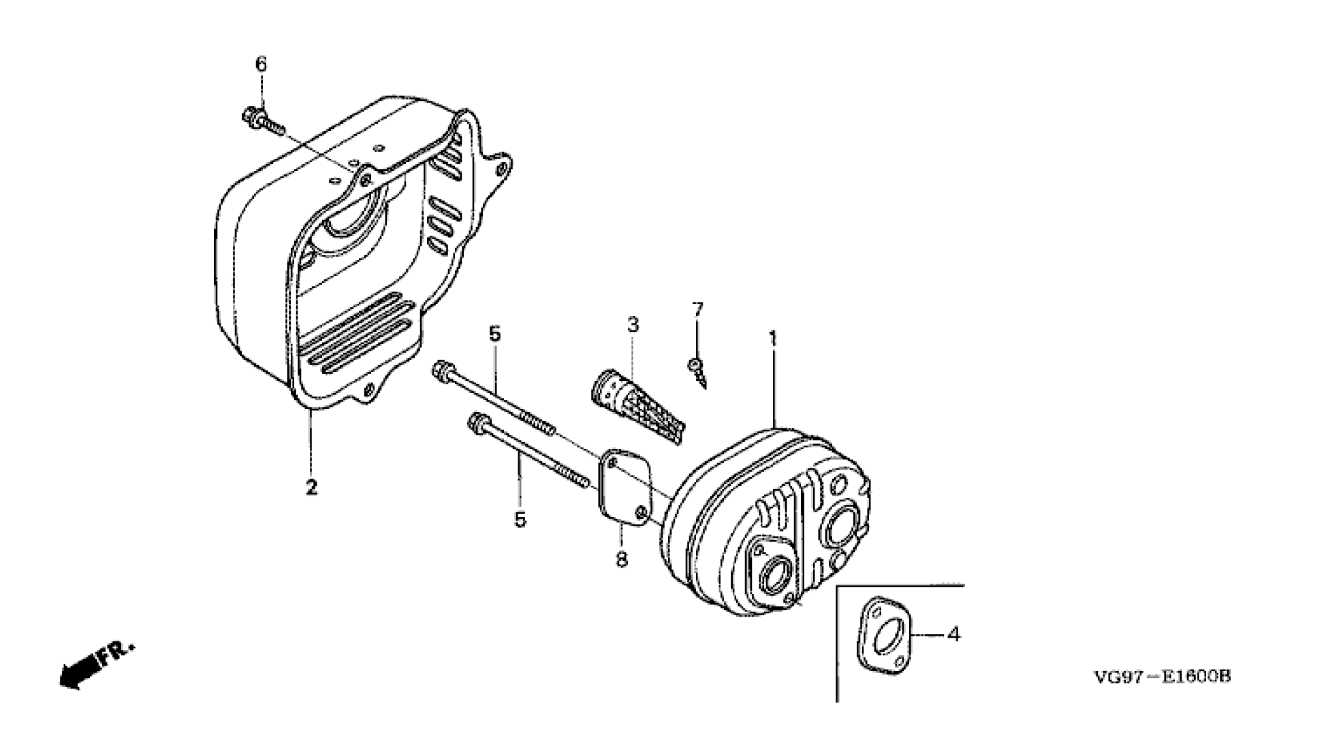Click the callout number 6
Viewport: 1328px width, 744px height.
261,64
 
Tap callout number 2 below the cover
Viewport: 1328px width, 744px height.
311,487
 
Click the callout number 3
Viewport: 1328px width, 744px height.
633,324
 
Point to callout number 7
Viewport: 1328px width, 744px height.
697,310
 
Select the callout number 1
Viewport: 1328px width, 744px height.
773,338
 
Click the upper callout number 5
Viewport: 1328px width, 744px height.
494,335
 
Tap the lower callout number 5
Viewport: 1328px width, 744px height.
520,520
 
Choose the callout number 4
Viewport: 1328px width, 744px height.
954,634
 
